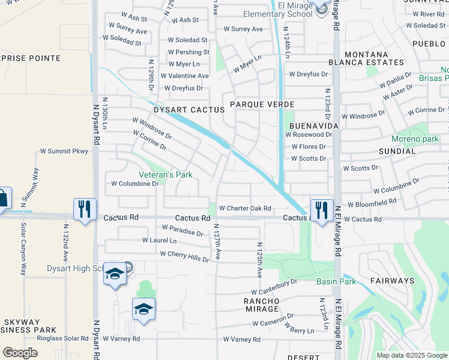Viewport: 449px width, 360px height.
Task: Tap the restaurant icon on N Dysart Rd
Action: pos(84,209)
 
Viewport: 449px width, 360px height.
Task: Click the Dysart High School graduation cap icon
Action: pos(114,274)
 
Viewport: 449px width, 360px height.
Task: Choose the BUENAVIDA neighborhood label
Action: pos(314,127)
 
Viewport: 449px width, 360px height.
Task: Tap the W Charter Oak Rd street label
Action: pos(245,208)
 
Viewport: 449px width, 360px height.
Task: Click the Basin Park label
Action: pos(336,281)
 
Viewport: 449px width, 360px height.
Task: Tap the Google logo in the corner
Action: pos(20,352)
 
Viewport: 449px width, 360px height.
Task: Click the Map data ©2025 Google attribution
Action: pos(411,355)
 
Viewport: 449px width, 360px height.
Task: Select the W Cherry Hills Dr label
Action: pos(184,256)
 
